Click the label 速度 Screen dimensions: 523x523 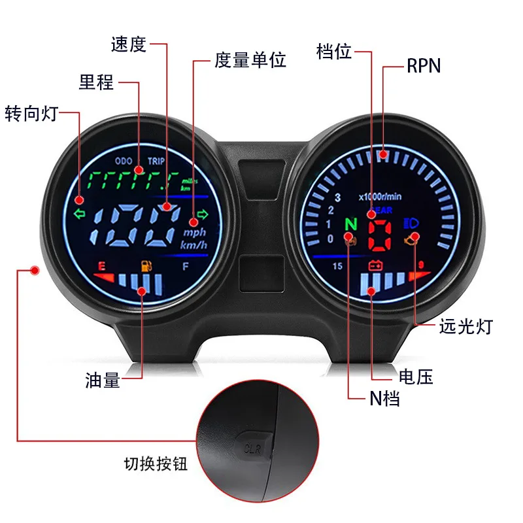129,44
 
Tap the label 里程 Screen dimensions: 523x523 96,82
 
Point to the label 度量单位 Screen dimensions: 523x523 250,61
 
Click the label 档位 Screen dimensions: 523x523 333,52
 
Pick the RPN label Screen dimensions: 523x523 424,66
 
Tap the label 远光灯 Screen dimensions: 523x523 465,326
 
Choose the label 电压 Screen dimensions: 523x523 416,377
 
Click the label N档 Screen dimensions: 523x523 382,398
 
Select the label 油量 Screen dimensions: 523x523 103,380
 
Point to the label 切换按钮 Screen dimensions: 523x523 156,464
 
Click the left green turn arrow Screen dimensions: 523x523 80,213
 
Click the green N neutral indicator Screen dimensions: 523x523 350,224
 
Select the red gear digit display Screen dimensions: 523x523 379,235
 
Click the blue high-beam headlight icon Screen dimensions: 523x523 413,222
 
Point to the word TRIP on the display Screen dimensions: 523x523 156,160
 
